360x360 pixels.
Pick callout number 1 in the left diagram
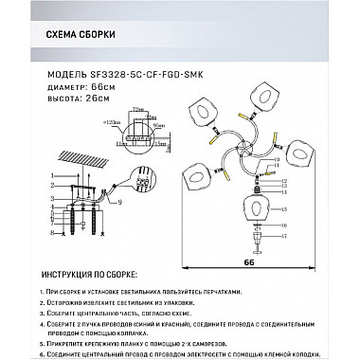45,174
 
